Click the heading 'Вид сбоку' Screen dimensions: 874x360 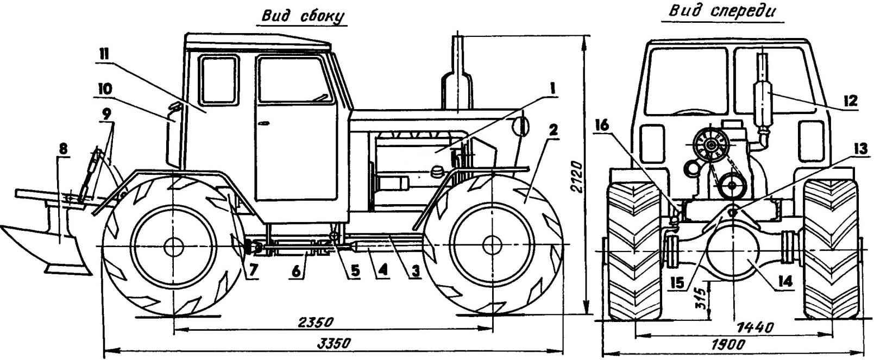(303, 17)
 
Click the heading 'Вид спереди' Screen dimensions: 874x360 (721, 12)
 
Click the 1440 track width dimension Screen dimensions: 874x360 (754, 327)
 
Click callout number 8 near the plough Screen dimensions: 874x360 (63, 149)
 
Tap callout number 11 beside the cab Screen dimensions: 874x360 (102, 56)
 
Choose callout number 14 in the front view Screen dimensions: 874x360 (785, 282)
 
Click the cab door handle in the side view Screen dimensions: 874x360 (264, 124)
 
